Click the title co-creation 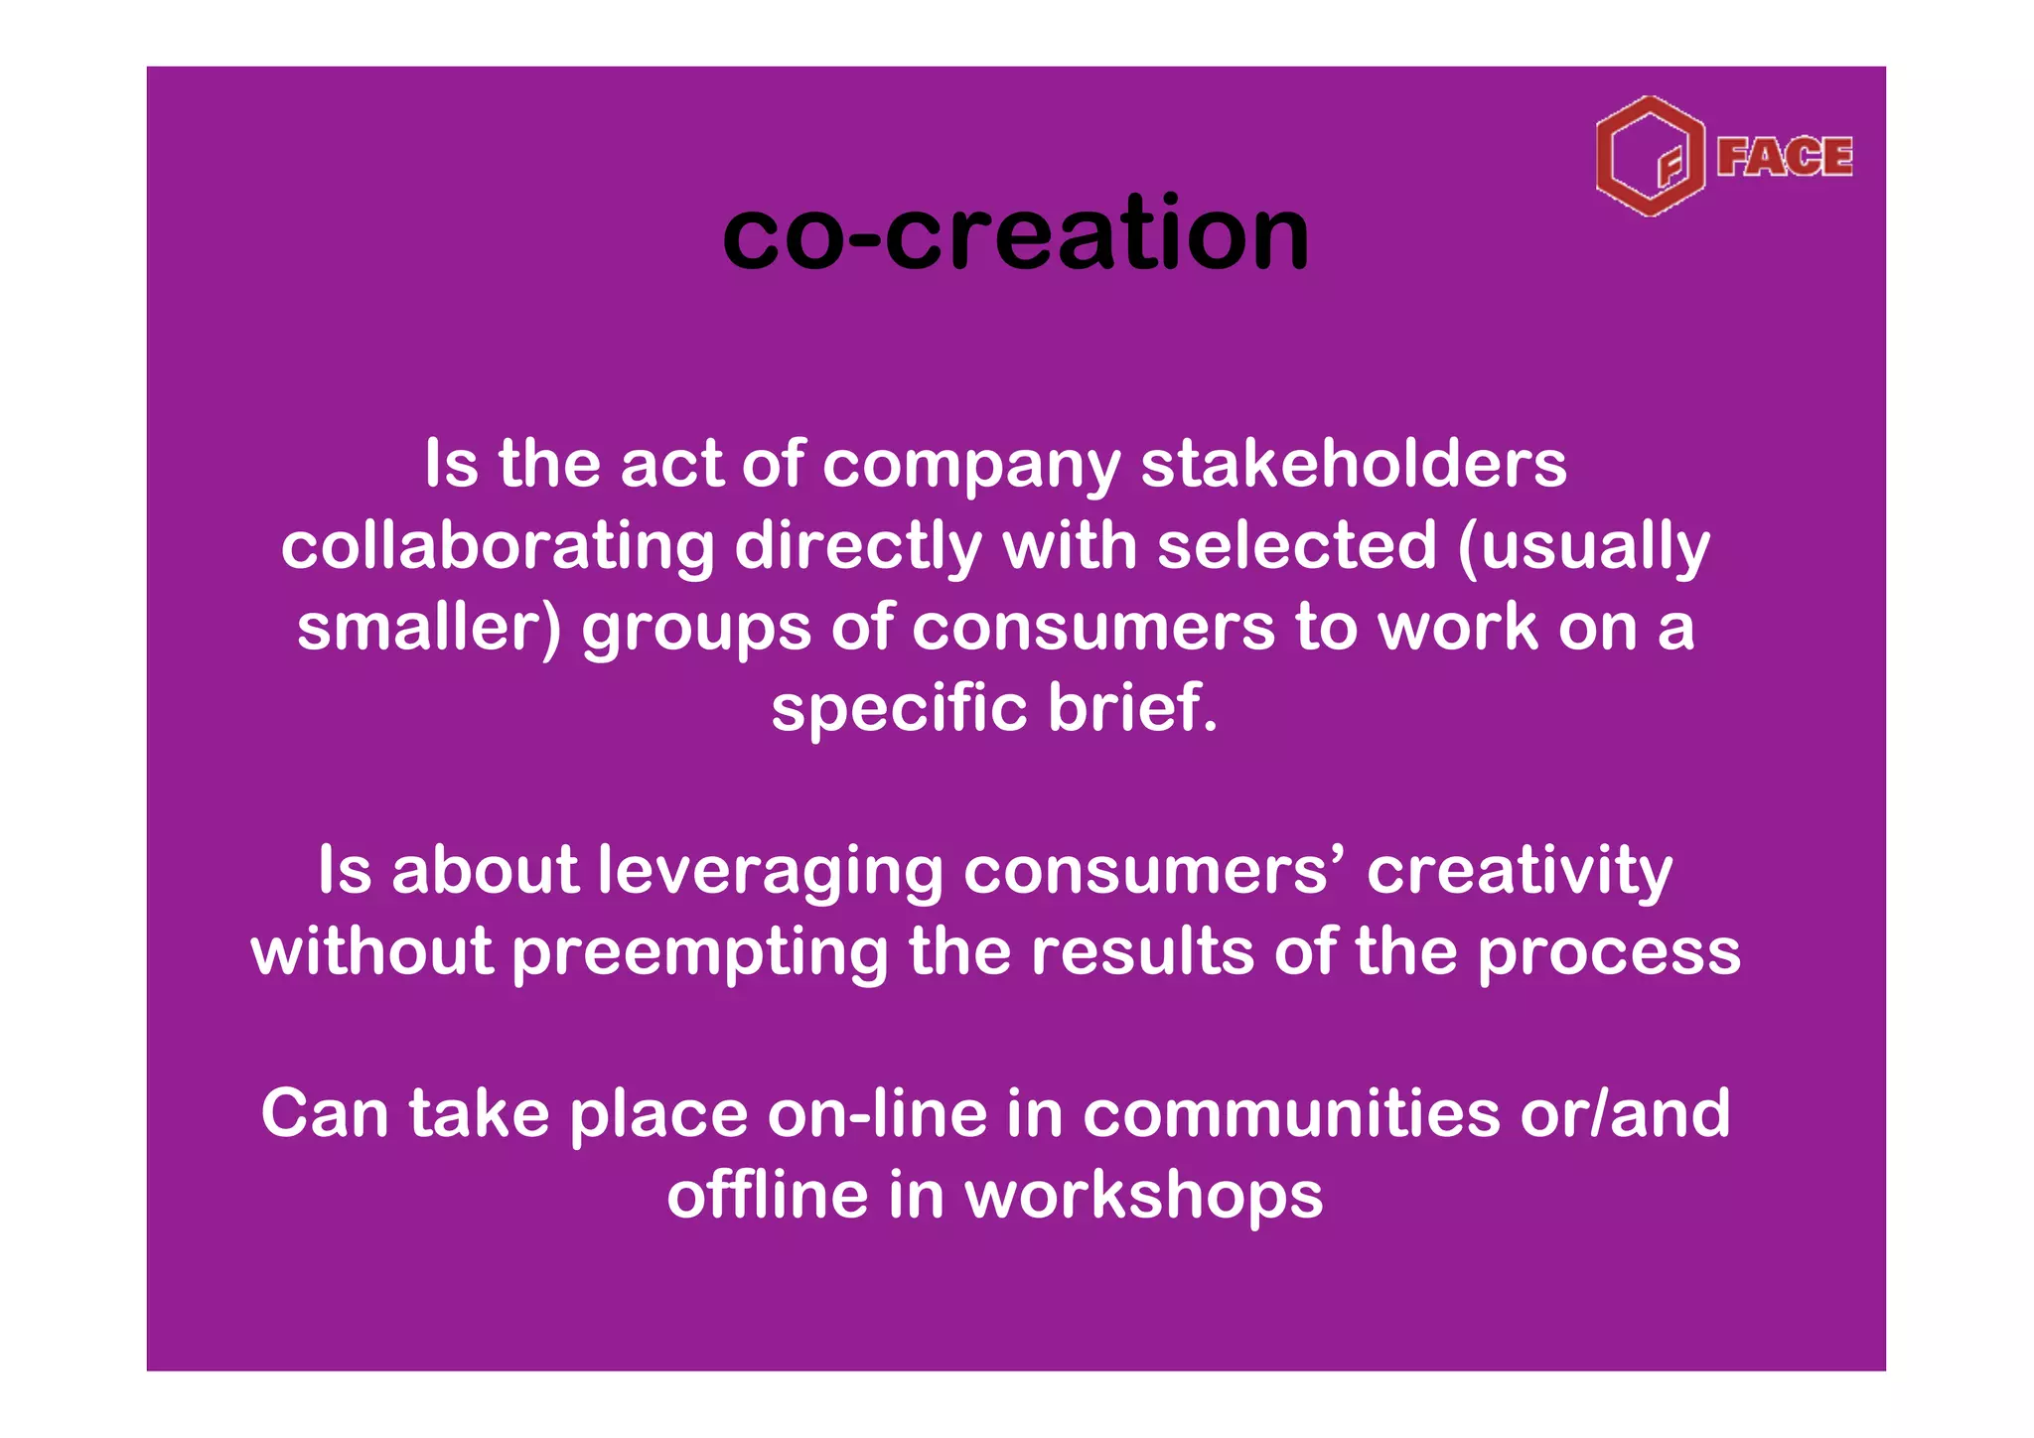pyautogui.click(x=1015, y=234)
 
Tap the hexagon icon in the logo pyautogui.click(x=1650, y=157)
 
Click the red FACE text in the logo pyautogui.click(x=1784, y=157)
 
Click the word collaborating pyautogui.click(x=497, y=547)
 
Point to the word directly pyautogui.click(x=858, y=547)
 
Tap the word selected pyautogui.click(x=1296, y=547)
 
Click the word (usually pyautogui.click(x=1583, y=547)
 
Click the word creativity pyautogui.click(x=1519, y=872)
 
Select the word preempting pyautogui.click(x=699, y=953)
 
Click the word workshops pyautogui.click(x=1143, y=1196)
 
